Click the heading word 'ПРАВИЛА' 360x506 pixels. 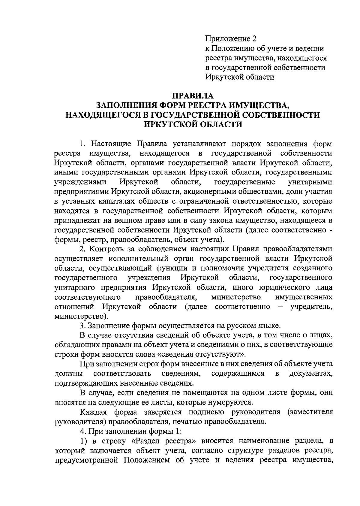(192, 96)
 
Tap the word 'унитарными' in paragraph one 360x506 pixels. (310, 182)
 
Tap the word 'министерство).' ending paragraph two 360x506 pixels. (81, 316)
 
